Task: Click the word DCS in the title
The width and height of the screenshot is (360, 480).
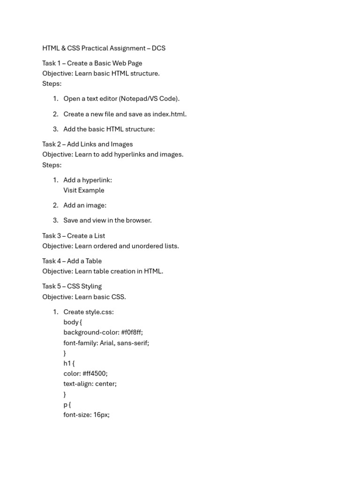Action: point(158,48)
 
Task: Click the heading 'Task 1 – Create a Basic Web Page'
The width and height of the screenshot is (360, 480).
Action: point(92,63)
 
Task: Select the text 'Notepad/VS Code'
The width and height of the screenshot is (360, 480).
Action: point(149,99)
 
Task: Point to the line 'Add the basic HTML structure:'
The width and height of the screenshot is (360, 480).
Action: point(109,129)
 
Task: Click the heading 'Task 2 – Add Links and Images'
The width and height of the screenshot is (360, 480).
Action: point(87,144)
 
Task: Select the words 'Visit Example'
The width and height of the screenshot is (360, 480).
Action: point(84,190)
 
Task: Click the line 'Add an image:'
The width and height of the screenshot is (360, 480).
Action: point(85,205)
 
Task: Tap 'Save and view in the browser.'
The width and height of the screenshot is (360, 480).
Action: point(107,220)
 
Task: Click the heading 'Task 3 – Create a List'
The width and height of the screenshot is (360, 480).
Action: point(74,236)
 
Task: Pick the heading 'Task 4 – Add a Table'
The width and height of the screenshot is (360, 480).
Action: point(72,261)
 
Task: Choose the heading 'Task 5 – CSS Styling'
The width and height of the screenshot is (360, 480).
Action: point(72,286)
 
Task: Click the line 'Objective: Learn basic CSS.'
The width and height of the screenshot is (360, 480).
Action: point(84,297)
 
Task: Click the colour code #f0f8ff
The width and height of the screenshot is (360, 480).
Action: point(132,333)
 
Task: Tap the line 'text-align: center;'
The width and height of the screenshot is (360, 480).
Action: point(90,384)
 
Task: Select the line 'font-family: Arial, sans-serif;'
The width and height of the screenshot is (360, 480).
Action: point(106,343)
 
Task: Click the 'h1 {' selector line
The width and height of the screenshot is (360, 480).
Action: point(69,363)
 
